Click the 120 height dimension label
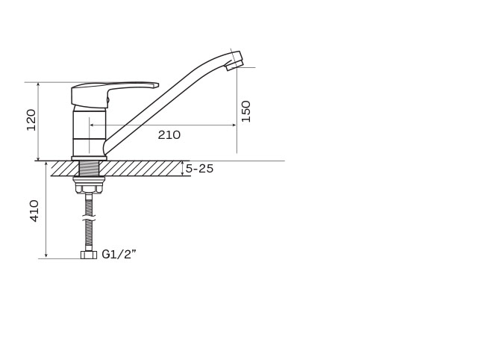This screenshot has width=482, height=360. pyautogui.click(x=31, y=120)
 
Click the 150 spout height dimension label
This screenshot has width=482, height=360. pyautogui.click(x=246, y=111)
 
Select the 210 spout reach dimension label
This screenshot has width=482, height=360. pyautogui.click(x=169, y=134)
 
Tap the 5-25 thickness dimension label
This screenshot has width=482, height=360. pyautogui.click(x=199, y=169)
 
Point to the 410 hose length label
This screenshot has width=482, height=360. pyautogui.click(x=34, y=211)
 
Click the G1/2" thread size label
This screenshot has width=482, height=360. pyautogui.click(x=119, y=255)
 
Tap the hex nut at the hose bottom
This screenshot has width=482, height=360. pyautogui.click(x=89, y=255)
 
